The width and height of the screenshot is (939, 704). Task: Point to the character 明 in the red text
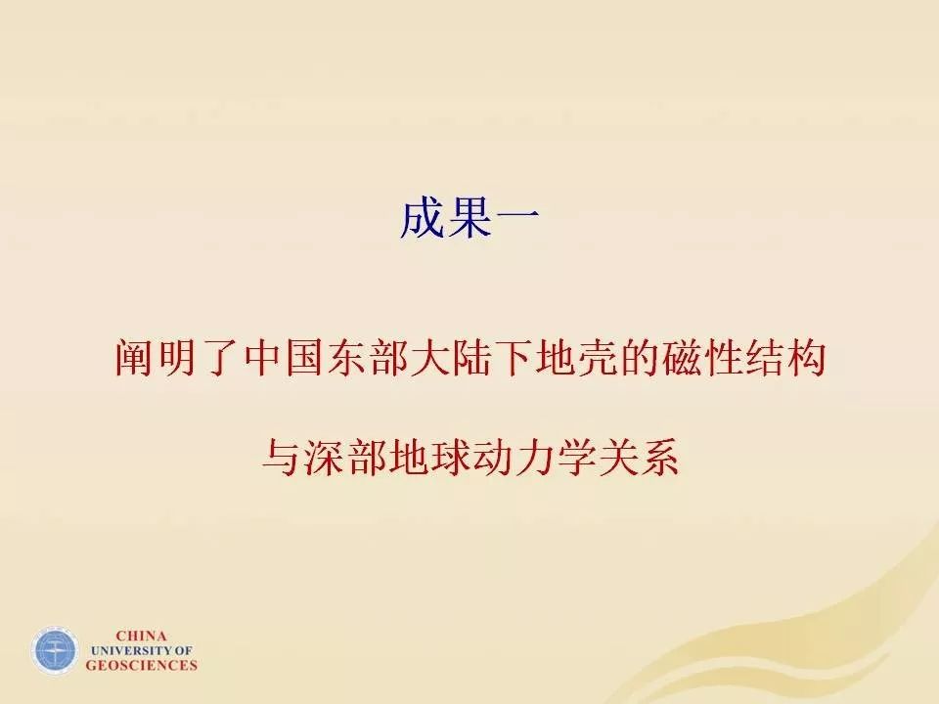[178, 359]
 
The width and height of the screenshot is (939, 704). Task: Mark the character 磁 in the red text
[682, 359]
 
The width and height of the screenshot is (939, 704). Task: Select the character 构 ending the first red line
[807, 359]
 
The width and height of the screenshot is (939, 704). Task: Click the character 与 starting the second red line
[282, 458]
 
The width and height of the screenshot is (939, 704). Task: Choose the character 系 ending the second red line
[660, 458]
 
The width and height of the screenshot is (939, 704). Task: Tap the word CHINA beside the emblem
[141, 637]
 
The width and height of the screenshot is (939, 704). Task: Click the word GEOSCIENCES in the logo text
[141, 665]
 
